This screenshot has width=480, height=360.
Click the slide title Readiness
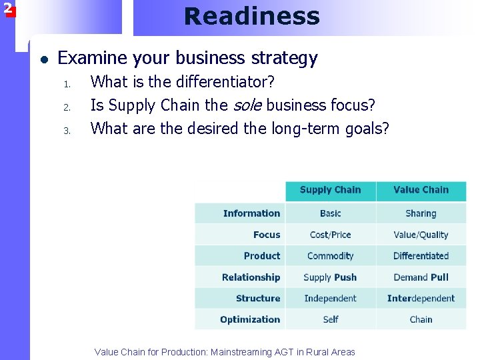252,16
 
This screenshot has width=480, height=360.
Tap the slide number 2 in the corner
7,9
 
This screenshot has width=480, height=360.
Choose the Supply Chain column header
330,190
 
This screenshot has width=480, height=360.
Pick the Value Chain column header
421,190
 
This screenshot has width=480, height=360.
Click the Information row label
251,213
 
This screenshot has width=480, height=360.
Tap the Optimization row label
250,319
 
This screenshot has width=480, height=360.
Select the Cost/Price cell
330,235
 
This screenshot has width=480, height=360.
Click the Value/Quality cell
421,235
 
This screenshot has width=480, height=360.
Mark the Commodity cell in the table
330,256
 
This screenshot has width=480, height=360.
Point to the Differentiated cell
421,256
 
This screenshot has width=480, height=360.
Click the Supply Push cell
330,277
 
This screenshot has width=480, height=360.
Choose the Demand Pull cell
421,277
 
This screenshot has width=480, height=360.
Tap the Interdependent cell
421,299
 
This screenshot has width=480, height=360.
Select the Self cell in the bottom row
331,319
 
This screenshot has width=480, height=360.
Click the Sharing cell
421,213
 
